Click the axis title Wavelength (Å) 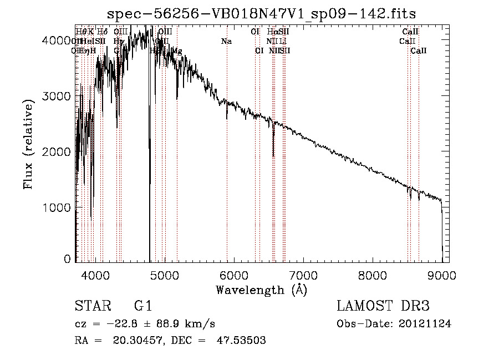coord(261,290)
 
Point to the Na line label coord(226,42)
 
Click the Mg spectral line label coord(177,51)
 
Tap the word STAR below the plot coord(92,306)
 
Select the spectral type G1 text coord(143,306)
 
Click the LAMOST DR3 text coord(383,306)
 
